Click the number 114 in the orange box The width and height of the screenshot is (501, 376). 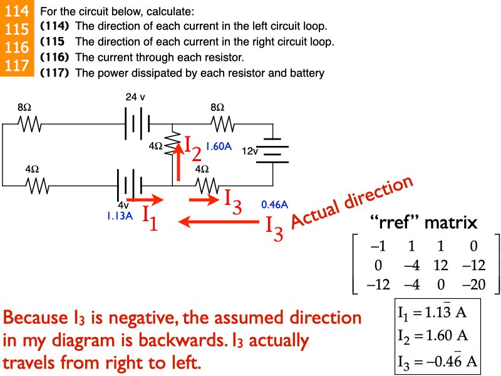click(16, 11)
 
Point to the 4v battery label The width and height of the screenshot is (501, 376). click(123, 205)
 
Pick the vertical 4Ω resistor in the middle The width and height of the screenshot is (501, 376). click(172, 146)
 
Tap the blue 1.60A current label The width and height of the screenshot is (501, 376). click(219, 147)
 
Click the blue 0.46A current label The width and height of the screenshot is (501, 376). click(274, 204)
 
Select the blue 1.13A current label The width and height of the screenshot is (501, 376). click(121, 216)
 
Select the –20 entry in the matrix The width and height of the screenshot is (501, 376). click(477, 284)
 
